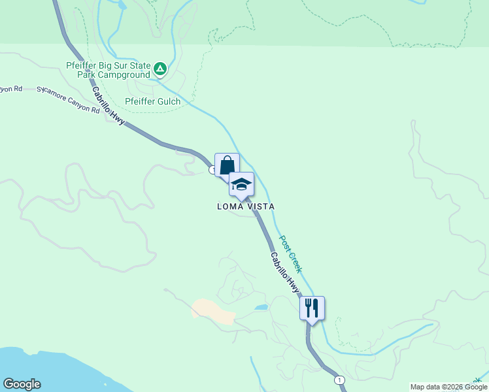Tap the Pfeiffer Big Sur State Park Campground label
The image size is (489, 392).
(109, 70)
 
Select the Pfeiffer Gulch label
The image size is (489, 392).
(152, 101)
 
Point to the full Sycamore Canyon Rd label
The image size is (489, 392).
(68, 99)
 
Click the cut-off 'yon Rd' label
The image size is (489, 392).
(11, 88)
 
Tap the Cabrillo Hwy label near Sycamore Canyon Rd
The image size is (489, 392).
(108, 106)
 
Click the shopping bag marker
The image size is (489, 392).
(227, 165)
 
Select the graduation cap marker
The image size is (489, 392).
(241, 184)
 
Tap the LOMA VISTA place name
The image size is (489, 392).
(246, 206)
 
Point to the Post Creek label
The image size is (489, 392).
(292, 253)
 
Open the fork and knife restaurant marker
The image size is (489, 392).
(312, 308)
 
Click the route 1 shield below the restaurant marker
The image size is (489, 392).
(339, 380)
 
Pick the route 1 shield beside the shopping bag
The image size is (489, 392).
(213, 170)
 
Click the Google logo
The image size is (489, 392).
(22, 384)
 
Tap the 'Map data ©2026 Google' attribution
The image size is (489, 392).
(448, 387)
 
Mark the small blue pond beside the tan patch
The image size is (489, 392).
(261, 306)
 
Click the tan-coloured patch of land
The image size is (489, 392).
(213, 312)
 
